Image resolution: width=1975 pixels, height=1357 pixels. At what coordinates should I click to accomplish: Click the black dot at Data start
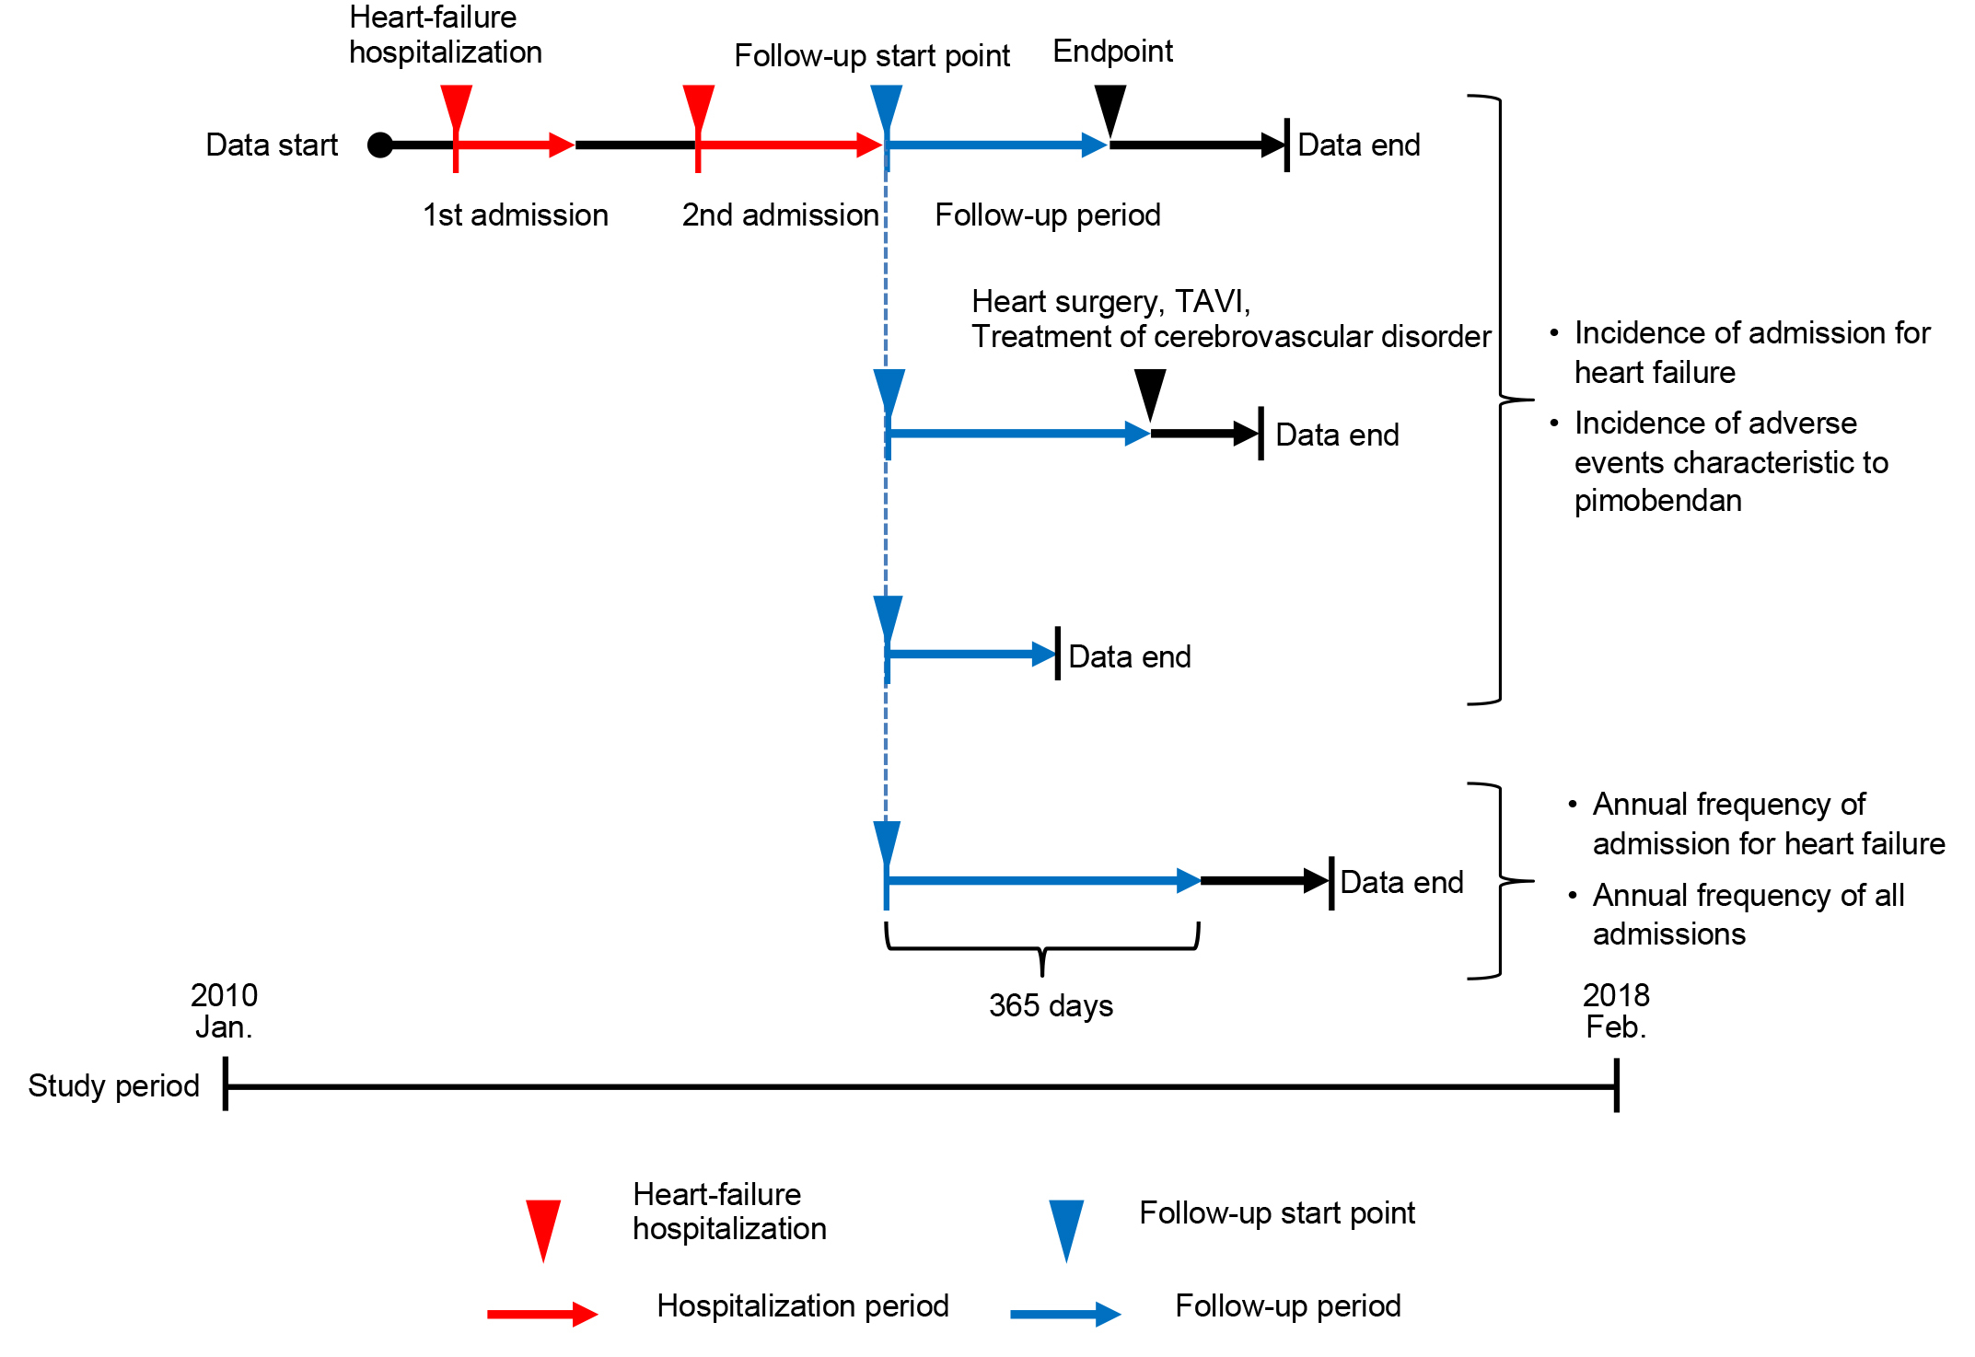point(379,145)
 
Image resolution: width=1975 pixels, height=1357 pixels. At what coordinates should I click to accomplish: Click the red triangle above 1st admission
point(456,106)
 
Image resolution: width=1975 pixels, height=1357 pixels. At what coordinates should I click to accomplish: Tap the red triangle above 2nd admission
point(699,106)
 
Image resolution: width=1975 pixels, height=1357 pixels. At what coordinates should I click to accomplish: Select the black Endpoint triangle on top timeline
point(1109,106)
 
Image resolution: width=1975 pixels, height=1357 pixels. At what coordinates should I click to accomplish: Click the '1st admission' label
point(515,215)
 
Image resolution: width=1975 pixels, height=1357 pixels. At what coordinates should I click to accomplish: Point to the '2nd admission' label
point(780,215)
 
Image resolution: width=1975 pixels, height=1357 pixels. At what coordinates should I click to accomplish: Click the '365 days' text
point(1051,1005)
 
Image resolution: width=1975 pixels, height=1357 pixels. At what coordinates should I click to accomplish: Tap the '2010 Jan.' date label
point(224,1011)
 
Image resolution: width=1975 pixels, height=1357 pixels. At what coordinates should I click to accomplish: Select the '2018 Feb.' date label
point(1616,1011)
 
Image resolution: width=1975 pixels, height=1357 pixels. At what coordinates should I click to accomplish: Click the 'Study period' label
point(113,1085)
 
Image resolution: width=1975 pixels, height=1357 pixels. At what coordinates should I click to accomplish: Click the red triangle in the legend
point(543,1225)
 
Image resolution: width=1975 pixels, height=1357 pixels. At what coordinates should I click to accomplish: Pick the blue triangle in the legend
point(1066,1225)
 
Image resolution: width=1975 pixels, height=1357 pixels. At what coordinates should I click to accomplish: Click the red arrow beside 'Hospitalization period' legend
point(541,1314)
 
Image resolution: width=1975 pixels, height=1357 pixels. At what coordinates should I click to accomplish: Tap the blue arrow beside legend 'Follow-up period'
point(1064,1314)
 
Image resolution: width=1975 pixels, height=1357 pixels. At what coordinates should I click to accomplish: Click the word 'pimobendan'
point(1657,501)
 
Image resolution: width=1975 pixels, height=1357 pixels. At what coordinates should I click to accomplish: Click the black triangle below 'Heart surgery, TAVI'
point(1150,391)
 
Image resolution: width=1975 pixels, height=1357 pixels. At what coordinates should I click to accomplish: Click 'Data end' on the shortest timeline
point(1129,656)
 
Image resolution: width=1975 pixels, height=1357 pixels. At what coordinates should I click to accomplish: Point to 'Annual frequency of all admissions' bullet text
point(1748,914)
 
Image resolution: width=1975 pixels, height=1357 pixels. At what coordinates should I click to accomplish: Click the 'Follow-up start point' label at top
point(871,56)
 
